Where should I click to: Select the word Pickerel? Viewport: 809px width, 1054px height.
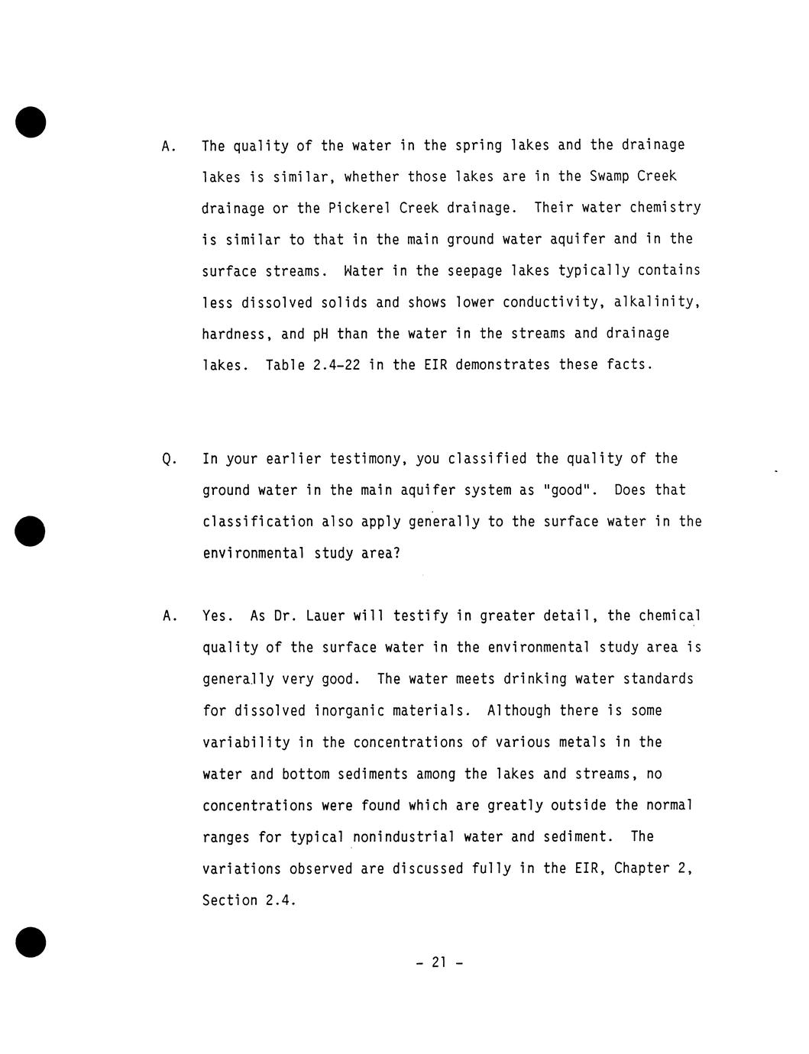[x=360, y=209]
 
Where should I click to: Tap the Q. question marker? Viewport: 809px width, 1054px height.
[x=170, y=459]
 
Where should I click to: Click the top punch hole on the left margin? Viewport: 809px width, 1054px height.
[x=31, y=122]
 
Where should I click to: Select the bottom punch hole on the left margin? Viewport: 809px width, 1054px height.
[x=31, y=942]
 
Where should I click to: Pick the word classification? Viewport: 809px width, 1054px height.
[x=257, y=522]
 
